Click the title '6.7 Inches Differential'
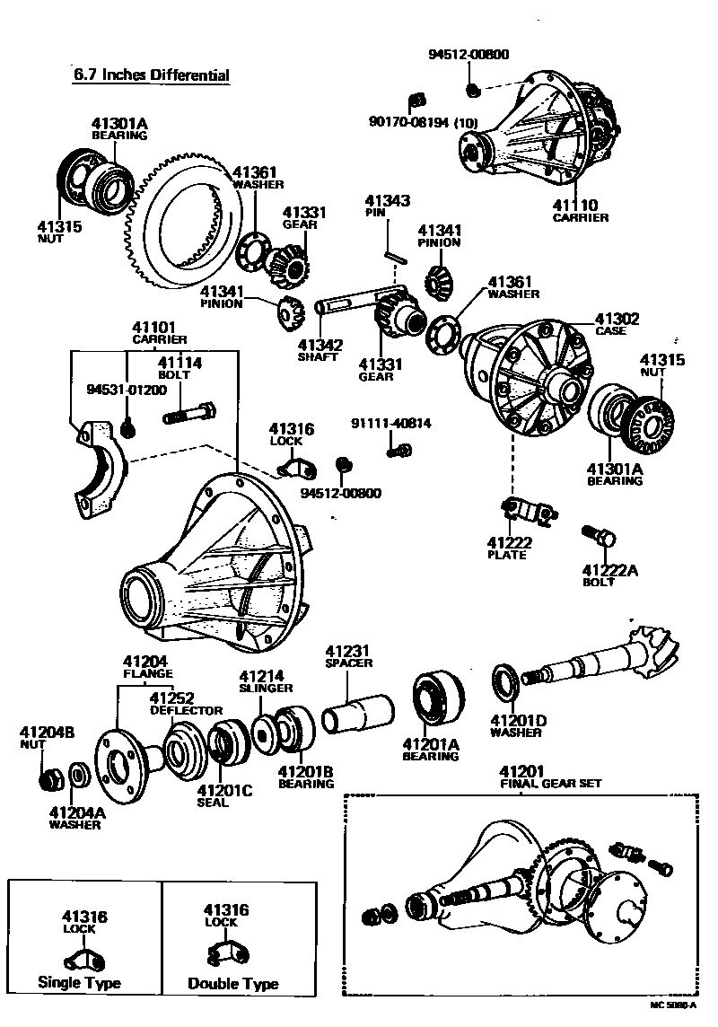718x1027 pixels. click(151, 75)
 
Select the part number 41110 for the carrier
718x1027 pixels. click(575, 206)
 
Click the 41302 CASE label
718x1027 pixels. click(617, 324)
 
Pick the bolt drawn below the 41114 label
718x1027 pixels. click(189, 416)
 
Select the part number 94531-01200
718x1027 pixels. click(127, 391)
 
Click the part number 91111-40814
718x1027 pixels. click(390, 423)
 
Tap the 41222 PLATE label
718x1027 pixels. click(508, 549)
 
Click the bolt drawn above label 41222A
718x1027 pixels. click(599, 537)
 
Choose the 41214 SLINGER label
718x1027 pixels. click(266, 681)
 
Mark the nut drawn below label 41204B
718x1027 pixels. click(51, 776)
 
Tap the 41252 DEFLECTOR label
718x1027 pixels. click(185, 703)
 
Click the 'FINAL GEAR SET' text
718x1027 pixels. click(550, 783)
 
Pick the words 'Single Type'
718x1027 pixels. click(79, 982)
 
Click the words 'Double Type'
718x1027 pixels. click(232, 984)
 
